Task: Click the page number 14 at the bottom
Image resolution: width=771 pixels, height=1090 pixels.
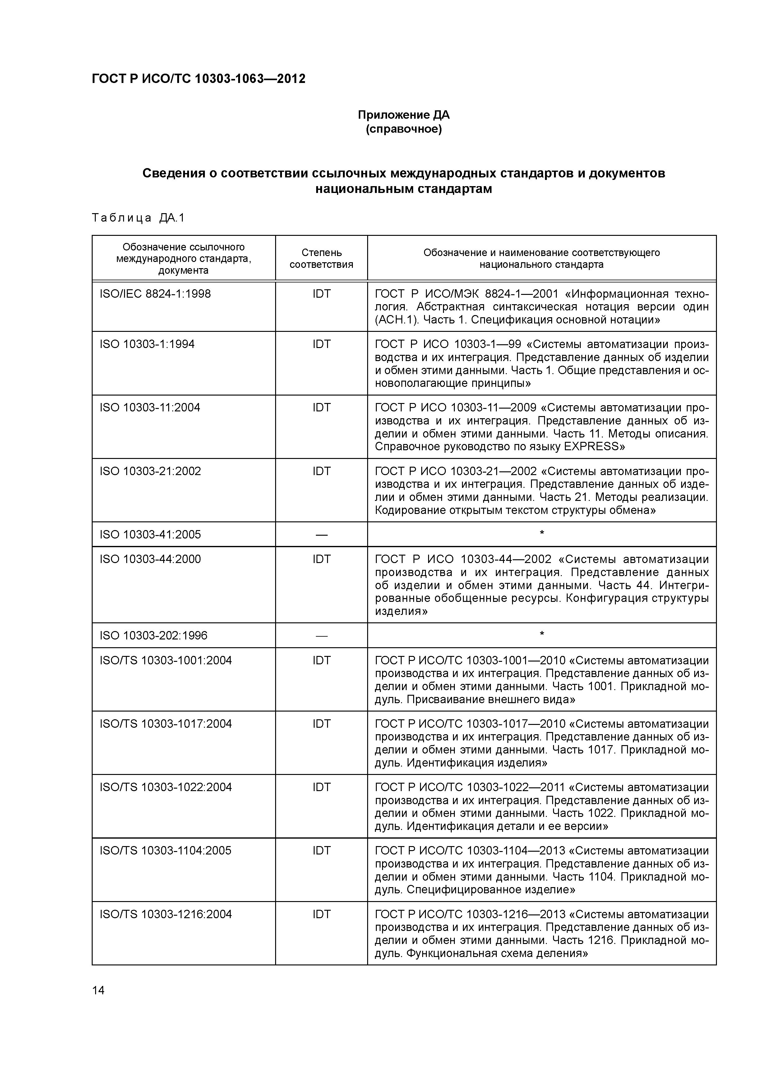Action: [x=98, y=990]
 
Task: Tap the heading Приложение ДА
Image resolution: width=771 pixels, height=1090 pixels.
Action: [x=403, y=115]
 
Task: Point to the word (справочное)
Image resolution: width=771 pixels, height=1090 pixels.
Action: [x=403, y=129]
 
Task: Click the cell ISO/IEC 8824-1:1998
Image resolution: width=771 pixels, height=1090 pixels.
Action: [x=155, y=294]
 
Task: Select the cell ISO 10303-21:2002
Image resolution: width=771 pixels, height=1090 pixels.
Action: [x=150, y=471]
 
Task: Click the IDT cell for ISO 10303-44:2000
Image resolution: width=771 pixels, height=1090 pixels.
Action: [x=321, y=559]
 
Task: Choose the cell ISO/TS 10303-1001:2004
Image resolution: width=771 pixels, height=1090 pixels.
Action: [x=165, y=660]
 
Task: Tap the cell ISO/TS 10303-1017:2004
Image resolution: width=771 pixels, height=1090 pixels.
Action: [x=165, y=723]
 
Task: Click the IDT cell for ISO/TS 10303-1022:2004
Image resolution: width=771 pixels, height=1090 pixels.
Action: [x=321, y=787]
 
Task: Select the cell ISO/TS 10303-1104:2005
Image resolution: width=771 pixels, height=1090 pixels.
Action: [x=165, y=850]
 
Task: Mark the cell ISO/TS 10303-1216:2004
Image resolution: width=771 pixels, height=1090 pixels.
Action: [x=165, y=914]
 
